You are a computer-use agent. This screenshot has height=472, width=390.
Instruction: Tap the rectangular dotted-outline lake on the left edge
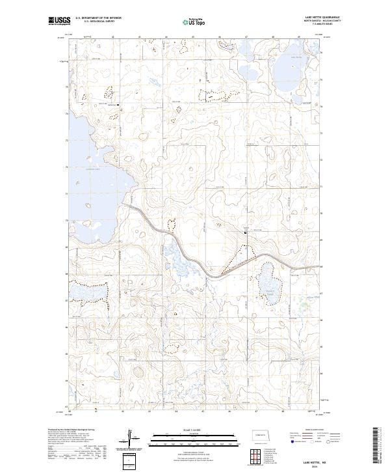(87, 294)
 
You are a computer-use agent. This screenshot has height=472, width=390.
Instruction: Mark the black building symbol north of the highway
(245, 232)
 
